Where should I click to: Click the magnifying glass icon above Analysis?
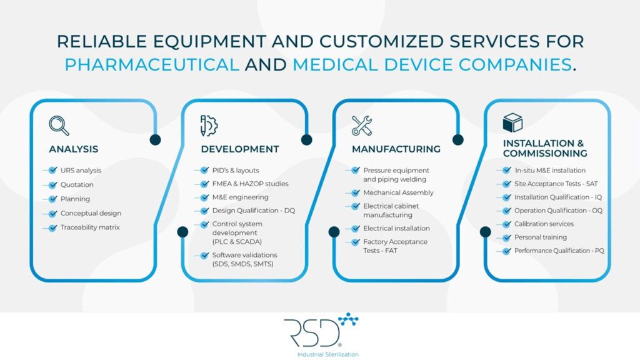pos(59,126)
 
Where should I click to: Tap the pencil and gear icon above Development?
pos(209,126)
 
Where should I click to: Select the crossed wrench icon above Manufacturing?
pos(361,126)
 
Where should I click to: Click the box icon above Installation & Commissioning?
pos(512,122)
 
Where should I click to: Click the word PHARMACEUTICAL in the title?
pos(152,64)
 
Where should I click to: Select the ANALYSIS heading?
pos(74,149)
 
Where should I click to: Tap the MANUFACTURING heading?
pos(396,149)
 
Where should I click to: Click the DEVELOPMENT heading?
pos(240,149)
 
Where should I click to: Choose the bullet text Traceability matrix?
pos(90,227)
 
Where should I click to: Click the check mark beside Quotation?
pos(52,185)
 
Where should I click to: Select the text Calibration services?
pos(544,224)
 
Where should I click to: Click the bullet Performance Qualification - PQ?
pos(559,251)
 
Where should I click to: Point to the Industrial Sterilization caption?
pos(320,354)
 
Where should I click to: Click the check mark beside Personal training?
pos(507,237)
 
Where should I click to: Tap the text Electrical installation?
pos(396,228)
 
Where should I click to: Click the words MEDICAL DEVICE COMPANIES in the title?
pos(432,64)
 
